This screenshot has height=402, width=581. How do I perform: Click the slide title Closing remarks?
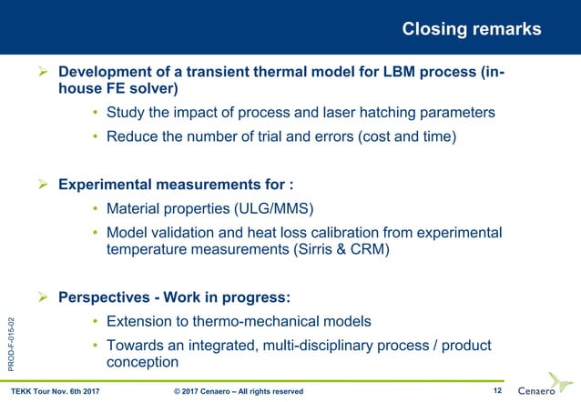point(471,29)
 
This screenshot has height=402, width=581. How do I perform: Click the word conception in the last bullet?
point(142,362)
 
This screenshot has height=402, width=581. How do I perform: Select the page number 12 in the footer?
point(496,391)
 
